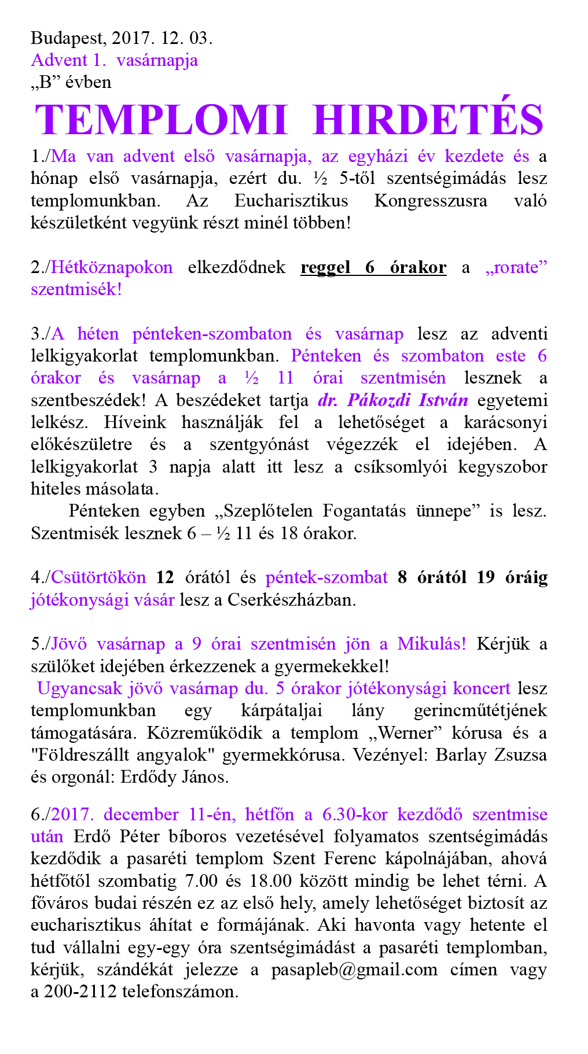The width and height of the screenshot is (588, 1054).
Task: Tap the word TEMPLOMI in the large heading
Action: tap(161, 120)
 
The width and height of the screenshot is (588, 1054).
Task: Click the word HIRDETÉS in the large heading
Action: tap(428, 120)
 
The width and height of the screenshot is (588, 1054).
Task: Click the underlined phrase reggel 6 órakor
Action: tap(373, 267)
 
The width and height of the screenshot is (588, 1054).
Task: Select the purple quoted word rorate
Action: tap(516, 267)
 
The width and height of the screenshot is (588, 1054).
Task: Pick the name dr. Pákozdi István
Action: tap(393, 400)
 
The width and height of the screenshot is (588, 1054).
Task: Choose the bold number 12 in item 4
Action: tap(165, 577)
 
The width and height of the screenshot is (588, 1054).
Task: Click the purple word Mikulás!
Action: tap(431, 644)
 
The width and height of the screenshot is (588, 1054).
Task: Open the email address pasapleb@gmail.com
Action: tap(354, 970)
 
